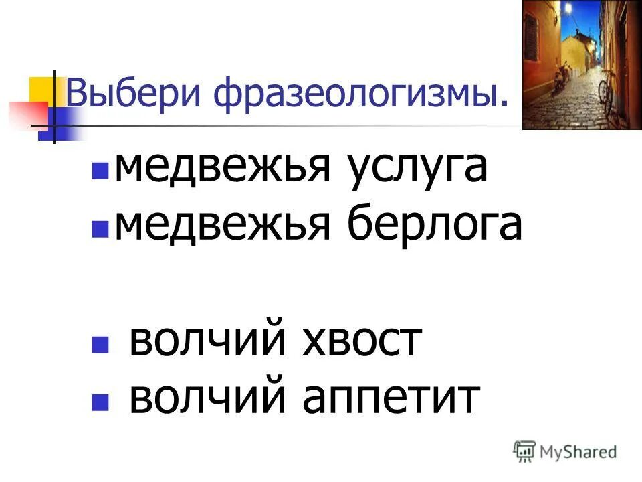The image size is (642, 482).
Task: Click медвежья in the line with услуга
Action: (x=223, y=168)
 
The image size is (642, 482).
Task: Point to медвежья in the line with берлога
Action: (x=223, y=226)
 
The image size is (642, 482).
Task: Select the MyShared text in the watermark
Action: (x=578, y=452)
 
